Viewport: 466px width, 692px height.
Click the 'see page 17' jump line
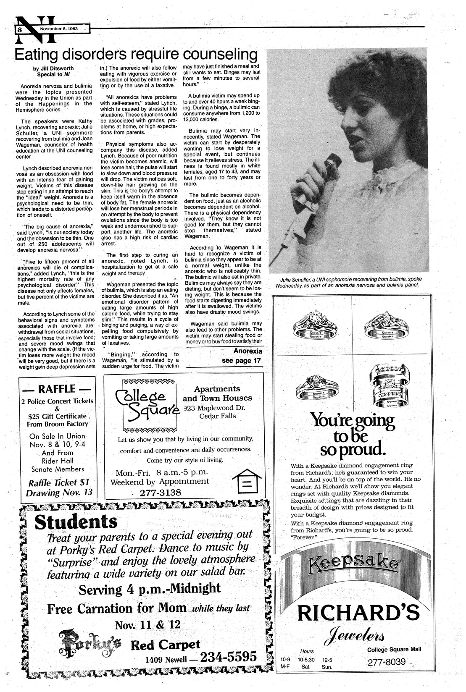[242, 361]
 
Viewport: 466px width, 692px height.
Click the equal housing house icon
[249, 482]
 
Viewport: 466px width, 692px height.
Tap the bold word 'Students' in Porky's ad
[76, 522]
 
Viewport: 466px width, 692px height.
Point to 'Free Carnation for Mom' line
[116, 608]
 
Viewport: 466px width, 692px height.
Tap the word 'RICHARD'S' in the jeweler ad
[358, 613]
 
